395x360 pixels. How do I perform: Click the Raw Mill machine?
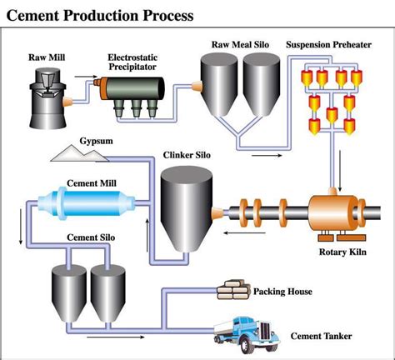[x=47, y=98]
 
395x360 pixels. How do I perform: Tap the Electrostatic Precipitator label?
[x=132, y=62]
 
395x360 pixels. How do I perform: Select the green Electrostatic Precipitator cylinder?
[x=132, y=88]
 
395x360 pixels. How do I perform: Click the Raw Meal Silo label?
[x=240, y=44]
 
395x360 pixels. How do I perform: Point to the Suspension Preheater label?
[x=328, y=44]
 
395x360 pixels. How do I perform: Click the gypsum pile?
[x=79, y=153]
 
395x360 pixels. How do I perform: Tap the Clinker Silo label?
[x=187, y=155]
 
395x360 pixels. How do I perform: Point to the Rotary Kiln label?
[x=342, y=252]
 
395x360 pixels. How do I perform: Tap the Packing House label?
[x=282, y=292]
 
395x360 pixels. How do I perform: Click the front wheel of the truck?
[x=245, y=345]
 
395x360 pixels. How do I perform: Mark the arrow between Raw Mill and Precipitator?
[x=86, y=77]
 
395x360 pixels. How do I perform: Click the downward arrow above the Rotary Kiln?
[x=339, y=171]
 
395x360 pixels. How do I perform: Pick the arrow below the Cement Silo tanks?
[x=116, y=337]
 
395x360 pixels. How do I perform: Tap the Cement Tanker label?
[x=321, y=336]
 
